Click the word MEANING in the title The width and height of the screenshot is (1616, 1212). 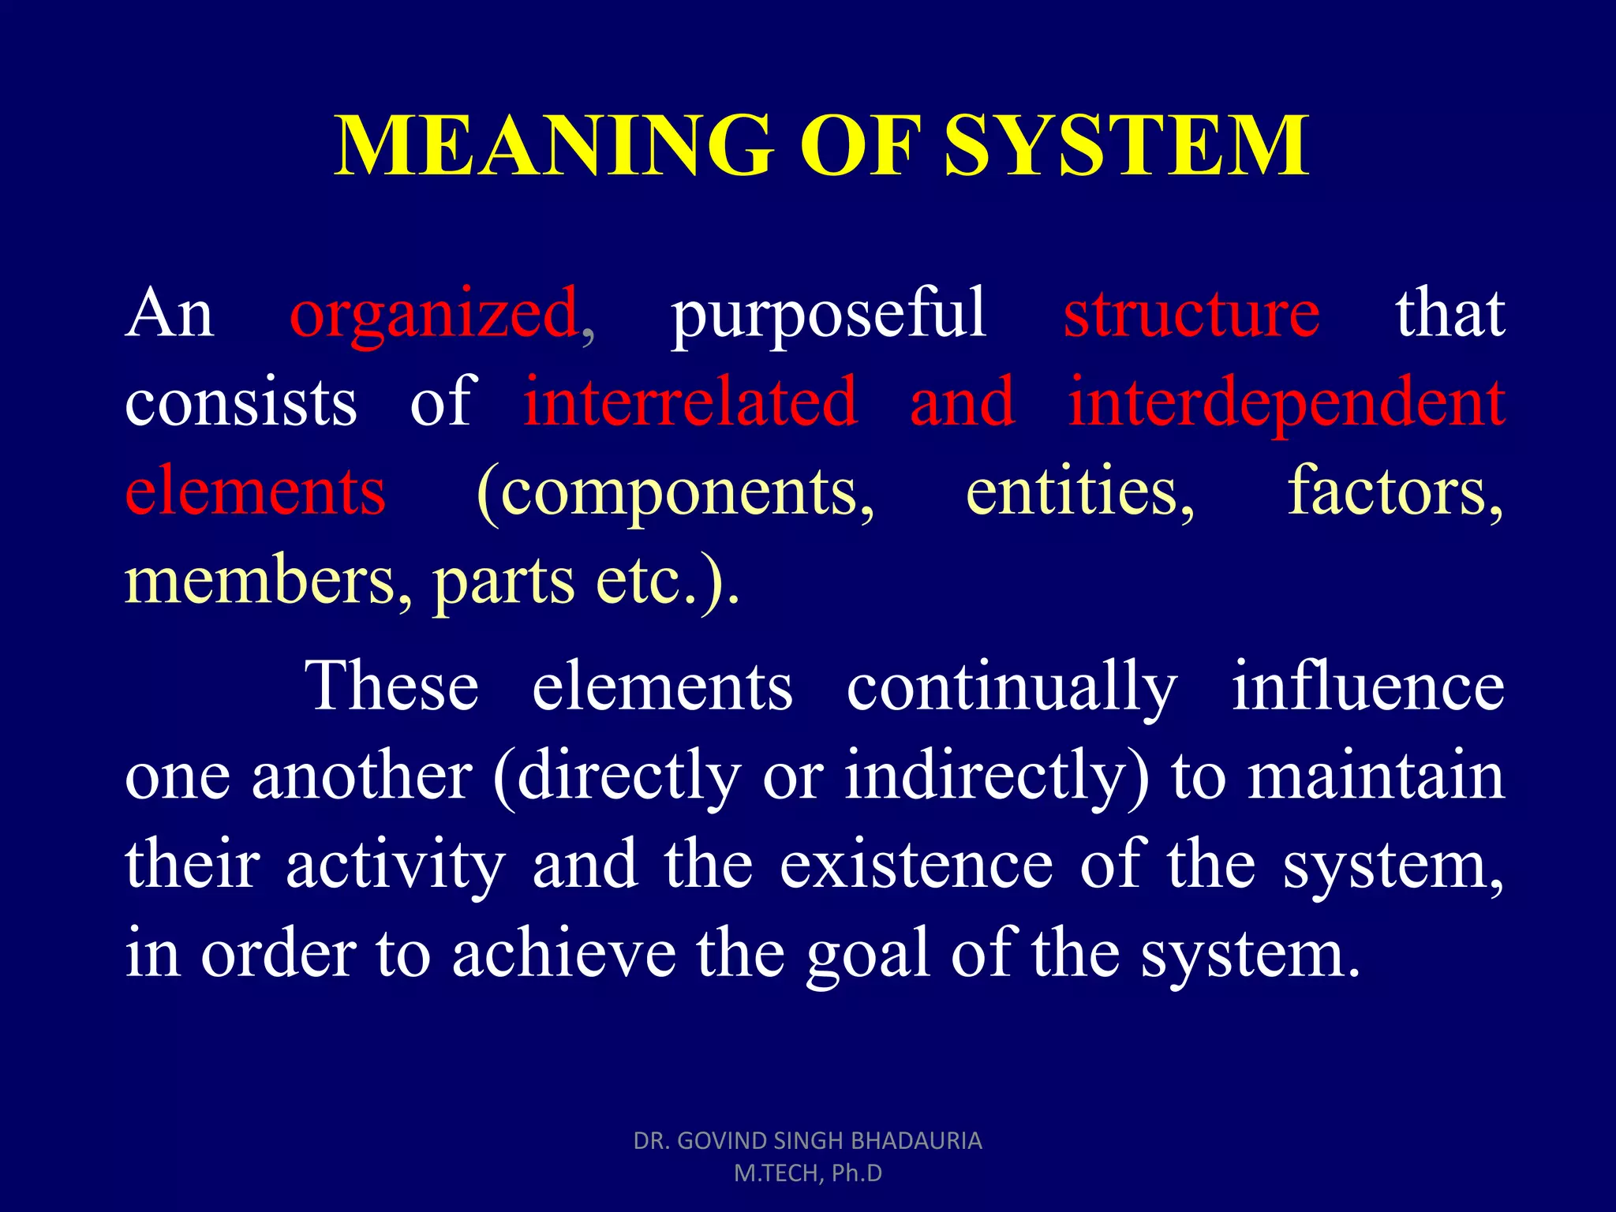click(x=552, y=145)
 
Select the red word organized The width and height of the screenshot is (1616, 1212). click(x=434, y=314)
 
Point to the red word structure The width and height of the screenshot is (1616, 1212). click(x=1191, y=314)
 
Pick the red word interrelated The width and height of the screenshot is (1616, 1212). click(x=690, y=402)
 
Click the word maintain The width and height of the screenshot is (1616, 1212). click(x=1376, y=776)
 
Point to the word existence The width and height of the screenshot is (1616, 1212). click(x=916, y=865)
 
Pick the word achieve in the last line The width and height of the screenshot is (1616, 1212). click(x=563, y=953)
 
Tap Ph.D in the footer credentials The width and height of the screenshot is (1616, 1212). click(x=856, y=1173)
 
